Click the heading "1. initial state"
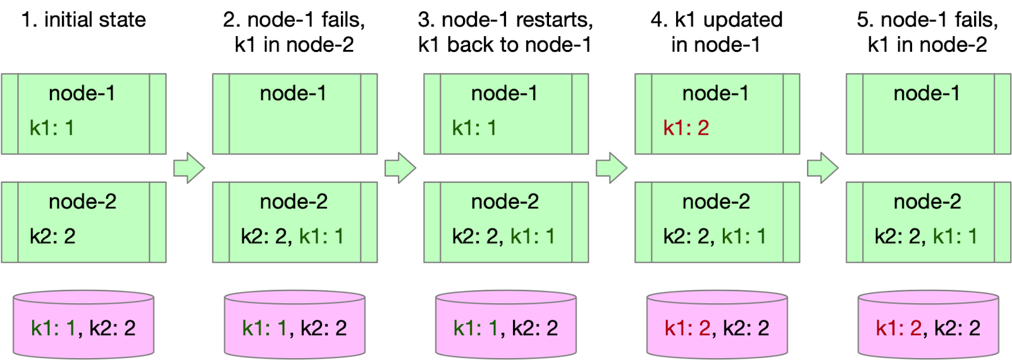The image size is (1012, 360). click(83, 20)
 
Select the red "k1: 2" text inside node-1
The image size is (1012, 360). click(686, 128)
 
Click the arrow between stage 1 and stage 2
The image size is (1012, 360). click(188, 168)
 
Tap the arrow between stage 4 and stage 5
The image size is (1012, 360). click(822, 168)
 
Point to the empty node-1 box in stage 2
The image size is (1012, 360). click(295, 115)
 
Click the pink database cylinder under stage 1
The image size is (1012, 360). click(83, 324)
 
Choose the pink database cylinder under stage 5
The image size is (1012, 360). click(928, 324)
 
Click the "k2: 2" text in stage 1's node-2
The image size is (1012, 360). click(52, 236)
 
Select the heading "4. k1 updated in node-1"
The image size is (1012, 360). click(717, 32)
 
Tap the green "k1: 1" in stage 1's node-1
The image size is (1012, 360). click(52, 128)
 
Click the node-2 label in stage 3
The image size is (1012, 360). click(505, 201)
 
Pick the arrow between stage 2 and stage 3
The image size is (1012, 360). click(400, 168)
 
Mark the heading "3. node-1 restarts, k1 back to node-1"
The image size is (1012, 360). click(505, 32)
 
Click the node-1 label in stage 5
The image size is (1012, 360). click(927, 93)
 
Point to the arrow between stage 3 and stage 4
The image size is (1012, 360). click(611, 168)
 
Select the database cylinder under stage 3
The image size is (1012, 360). click(505, 324)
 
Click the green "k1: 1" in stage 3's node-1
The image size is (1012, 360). click(474, 128)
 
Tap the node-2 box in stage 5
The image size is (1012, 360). click(928, 222)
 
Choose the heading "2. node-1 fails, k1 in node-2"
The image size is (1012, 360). click(294, 32)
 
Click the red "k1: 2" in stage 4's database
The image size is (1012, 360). click(686, 328)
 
